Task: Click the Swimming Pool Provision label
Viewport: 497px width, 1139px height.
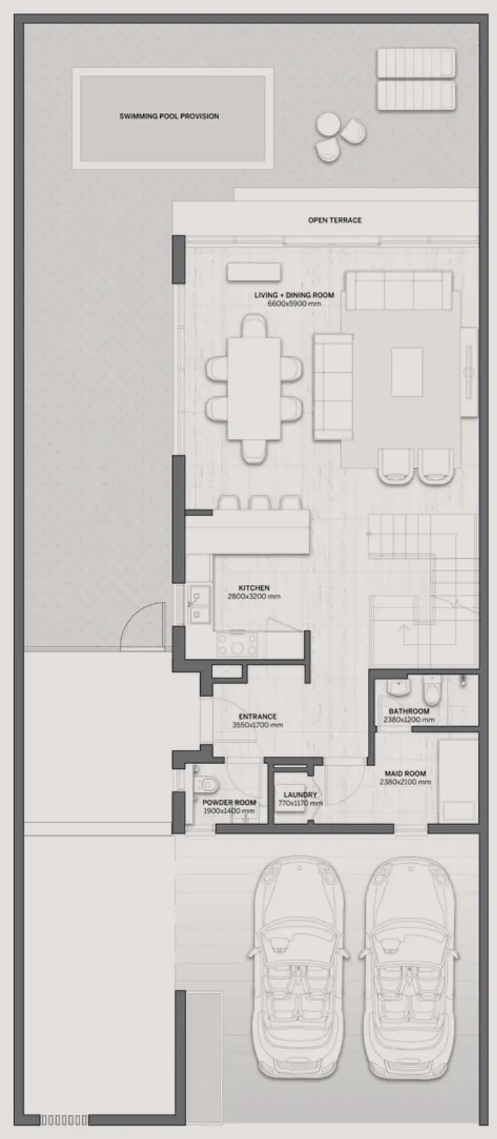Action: (x=169, y=116)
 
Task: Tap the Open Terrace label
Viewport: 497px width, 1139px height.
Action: (x=335, y=220)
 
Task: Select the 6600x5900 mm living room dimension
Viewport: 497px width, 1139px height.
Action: (x=294, y=303)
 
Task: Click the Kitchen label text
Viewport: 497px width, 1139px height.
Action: (x=254, y=588)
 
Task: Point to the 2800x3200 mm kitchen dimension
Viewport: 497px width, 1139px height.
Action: (x=254, y=596)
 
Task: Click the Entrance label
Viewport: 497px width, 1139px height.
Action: (x=258, y=716)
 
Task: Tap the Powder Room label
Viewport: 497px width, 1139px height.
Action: (x=229, y=803)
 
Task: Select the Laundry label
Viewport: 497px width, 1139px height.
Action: (x=300, y=794)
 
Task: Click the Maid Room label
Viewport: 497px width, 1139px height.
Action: (x=406, y=773)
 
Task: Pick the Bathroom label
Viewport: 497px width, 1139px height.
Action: (x=409, y=711)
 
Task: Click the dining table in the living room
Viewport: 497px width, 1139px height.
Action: (x=254, y=389)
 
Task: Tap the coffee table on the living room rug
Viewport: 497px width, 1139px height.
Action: (x=407, y=371)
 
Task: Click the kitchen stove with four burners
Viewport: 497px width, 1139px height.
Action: (x=237, y=644)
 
